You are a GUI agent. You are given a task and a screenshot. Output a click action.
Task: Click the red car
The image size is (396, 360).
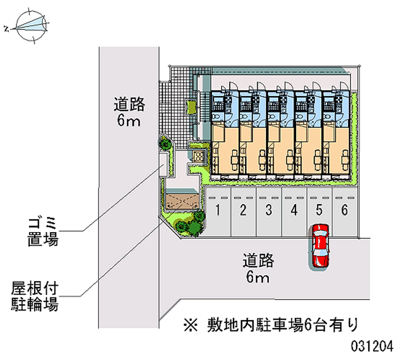(320, 246)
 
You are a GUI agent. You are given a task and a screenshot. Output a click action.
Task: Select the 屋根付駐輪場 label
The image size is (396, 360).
(35, 296)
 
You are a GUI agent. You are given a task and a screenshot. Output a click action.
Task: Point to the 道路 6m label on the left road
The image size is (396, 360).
(129, 112)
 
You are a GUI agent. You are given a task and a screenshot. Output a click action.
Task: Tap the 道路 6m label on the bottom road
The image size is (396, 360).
(258, 268)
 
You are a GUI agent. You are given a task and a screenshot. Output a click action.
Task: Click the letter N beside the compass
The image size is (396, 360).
(6, 29)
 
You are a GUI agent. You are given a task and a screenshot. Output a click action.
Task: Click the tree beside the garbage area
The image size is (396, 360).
(165, 143)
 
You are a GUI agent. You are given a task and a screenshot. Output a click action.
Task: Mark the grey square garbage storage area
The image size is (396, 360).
(164, 161)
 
